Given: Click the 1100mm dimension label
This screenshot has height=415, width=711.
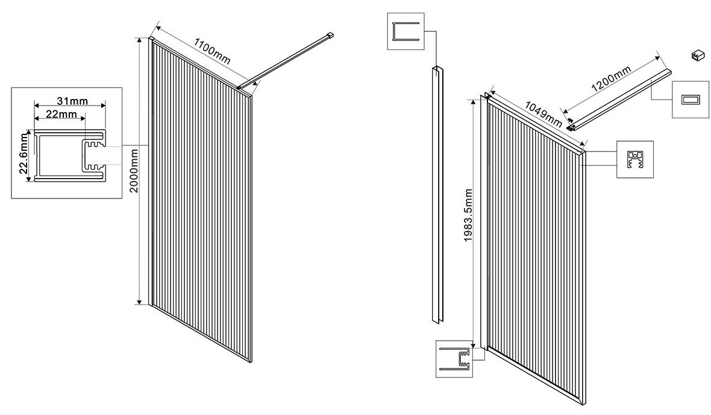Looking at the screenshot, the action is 212,51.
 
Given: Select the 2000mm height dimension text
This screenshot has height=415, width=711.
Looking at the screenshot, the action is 134,171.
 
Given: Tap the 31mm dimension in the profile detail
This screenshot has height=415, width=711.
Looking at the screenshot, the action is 72,101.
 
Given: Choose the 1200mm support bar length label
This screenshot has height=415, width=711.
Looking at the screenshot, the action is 611,80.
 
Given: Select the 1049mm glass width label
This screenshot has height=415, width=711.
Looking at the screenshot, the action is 543,114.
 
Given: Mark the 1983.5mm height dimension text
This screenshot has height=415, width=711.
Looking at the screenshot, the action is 468,215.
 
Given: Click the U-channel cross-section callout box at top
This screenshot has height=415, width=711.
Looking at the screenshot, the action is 406,31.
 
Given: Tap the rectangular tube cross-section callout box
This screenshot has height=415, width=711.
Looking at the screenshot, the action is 690,100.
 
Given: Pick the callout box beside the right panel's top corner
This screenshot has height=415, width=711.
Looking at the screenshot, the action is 635,159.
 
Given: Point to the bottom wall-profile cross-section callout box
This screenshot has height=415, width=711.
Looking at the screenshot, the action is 454,359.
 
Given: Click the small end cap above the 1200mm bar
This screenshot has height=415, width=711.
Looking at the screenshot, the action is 697,56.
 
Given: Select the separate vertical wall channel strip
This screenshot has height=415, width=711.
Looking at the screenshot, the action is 437,195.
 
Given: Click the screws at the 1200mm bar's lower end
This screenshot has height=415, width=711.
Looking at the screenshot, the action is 571,122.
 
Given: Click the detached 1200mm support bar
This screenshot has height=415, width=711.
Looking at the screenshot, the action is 620,100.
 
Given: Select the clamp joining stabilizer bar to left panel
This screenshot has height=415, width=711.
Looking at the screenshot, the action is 239,86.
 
